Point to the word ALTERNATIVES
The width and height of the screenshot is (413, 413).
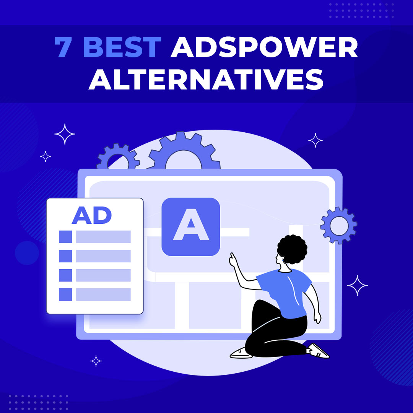click(206, 80)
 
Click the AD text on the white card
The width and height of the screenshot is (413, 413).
click(92, 216)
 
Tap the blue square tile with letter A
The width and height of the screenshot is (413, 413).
click(190, 226)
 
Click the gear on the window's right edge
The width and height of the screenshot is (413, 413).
click(338, 226)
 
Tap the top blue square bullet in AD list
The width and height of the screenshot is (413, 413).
click(65, 237)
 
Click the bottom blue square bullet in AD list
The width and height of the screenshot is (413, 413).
click(65, 294)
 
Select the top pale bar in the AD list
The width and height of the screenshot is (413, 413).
click(103, 237)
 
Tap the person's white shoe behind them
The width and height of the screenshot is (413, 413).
click(318, 350)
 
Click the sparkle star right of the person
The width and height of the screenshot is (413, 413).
click(357, 285)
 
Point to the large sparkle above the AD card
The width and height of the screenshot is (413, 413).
click(65, 134)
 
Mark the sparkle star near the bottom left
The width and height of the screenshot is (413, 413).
click(96, 361)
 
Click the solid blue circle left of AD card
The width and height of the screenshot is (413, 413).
click(27, 253)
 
